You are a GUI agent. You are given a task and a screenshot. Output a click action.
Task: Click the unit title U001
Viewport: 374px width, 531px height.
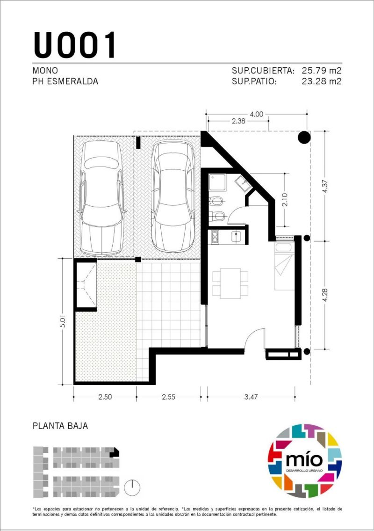[74, 45]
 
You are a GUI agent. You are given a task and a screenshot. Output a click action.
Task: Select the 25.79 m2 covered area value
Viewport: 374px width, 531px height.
[321, 71]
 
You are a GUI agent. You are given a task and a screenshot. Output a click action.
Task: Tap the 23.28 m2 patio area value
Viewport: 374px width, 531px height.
[321, 81]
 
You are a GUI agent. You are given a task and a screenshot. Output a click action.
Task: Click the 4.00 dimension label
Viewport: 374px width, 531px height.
[256, 114]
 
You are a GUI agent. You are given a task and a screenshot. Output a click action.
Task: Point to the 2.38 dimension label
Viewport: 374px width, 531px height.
[238, 121]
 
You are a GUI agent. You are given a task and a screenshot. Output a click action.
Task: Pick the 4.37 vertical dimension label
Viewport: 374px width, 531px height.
[325, 186]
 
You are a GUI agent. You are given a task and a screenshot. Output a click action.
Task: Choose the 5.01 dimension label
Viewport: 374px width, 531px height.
[63, 321]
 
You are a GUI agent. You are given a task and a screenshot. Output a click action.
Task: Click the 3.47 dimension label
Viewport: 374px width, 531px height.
[251, 397]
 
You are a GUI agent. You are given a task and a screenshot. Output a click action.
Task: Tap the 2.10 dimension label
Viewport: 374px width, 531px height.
[285, 200]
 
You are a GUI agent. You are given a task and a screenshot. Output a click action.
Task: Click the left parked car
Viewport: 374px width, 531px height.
[101, 198]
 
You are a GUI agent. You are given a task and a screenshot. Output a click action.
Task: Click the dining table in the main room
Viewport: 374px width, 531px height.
[230, 283]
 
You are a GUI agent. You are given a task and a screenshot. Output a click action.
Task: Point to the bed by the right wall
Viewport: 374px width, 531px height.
[284, 266]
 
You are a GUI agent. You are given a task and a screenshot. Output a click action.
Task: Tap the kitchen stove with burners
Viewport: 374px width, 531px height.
[215, 237]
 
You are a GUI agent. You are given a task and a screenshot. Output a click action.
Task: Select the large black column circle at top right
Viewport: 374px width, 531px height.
[304, 138]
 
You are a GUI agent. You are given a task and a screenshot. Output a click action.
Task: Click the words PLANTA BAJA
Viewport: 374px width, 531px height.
[60, 426]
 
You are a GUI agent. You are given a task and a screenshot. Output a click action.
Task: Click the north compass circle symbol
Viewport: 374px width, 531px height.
[132, 487]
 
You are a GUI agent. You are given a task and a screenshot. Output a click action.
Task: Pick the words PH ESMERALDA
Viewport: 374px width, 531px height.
[65, 81]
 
